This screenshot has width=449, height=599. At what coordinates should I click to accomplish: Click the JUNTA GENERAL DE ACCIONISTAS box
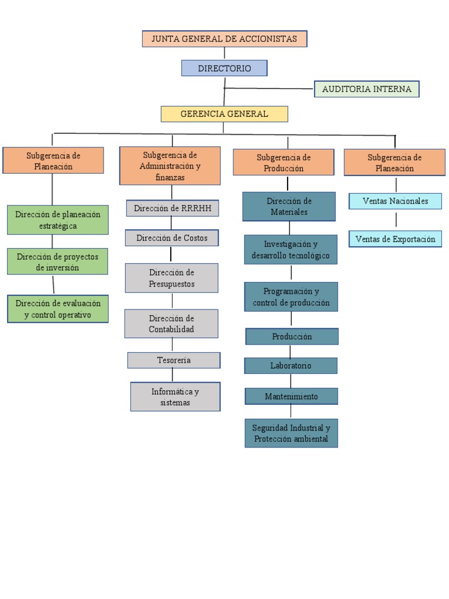[224, 39]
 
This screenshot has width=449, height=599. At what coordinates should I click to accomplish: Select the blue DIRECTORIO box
[224, 68]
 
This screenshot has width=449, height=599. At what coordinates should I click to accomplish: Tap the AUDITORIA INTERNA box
[367, 89]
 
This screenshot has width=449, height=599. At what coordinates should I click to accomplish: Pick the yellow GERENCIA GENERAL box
[224, 114]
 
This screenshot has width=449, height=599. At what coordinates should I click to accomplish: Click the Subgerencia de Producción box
[284, 163]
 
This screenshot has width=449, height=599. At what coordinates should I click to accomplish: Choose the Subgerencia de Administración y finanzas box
[170, 166]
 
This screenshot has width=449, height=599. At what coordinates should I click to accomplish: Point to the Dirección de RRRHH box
[172, 208]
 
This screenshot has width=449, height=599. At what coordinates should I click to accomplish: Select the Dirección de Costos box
[172, 238]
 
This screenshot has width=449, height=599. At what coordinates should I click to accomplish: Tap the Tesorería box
[174, 360]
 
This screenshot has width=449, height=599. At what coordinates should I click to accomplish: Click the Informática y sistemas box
[175, 397]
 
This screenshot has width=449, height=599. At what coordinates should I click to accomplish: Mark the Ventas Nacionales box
[395, 201]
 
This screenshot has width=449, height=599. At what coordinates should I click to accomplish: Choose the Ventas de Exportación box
[395, 239]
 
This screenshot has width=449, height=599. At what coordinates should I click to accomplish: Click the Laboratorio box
[291, 366]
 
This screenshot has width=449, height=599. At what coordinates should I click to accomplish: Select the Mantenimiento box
[291, 397]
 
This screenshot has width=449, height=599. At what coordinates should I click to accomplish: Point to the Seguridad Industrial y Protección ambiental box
[291, 433]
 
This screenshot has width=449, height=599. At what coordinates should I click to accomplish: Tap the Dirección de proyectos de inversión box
[57, 261]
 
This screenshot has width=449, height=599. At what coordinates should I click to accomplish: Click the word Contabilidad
[171, 329]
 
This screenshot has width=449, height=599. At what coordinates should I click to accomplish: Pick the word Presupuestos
[172, 284]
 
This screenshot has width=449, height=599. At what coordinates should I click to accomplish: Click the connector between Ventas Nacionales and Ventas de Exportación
[396, 220]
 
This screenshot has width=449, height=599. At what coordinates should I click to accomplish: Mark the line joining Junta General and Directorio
[224, 53]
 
